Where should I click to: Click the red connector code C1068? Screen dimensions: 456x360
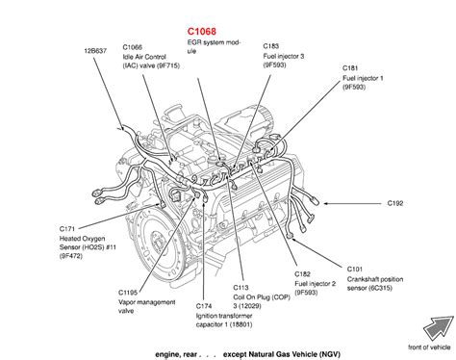pos(202,31)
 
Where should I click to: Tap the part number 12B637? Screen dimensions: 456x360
pos(95,51)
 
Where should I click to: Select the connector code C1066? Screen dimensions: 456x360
pos(133,47)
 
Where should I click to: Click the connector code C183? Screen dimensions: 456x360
pos(271,46)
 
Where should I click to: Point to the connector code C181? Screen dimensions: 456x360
pos(350,68)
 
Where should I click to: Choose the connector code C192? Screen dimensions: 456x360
pos(395,203)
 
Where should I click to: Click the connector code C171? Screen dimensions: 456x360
pos(67,229)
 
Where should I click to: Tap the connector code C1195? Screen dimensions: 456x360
pos(128,293)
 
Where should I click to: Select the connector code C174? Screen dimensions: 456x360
pos(204,306)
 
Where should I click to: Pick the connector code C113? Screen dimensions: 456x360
pos(241,288)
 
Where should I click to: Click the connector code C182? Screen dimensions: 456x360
pos(303,274)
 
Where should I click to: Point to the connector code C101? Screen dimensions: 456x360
pos(355,269)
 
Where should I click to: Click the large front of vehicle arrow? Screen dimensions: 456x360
pos(437,328)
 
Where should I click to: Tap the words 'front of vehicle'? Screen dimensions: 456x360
pos(429,347)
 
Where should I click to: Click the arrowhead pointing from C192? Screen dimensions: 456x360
pos(326,203)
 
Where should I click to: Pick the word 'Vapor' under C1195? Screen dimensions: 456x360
pos(127,302)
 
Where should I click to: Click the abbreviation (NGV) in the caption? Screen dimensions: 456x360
pos(329,354)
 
